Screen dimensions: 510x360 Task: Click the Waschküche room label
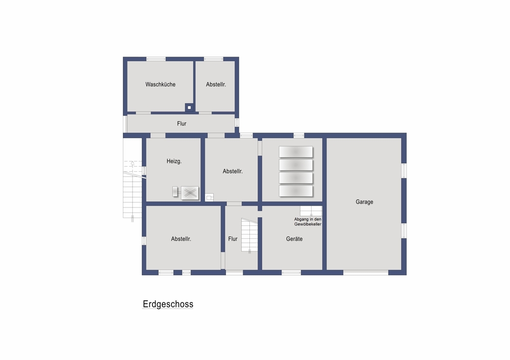pyautogui.click(x=160, y=85)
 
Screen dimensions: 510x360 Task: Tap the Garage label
pyautogui.click(x=364, y=202)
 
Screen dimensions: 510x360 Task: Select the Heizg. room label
pyautogui.click(x=174, y=161)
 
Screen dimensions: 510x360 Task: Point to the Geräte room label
pyautogui.click(x=294, y=239)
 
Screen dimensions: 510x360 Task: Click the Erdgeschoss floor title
pyautogui.click(x=168, y=304)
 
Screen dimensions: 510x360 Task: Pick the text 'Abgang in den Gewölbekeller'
pyautogui.click(x=308, y=222)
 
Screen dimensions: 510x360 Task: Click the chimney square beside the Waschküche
pyautogui.click(x=189, y=108)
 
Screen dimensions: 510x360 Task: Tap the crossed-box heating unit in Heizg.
pyautogui.click(x=190, y=193)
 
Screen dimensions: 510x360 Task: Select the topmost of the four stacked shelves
pyautogui.click(x=296, y=152)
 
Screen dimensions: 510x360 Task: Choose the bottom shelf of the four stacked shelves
pyautogui.click(x=296, y=191)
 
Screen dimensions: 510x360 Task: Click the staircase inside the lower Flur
pyautogui.click(x=249, y=235)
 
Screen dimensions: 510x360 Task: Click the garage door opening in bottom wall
pyautogui.click(x=366, y=272)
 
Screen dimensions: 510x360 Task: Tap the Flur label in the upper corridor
pyautogui.click(x=182, y=123)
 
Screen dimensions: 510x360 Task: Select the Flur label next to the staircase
pyautogui.click(x=233, y=239)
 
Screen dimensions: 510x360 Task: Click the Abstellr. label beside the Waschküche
pyautogui.click(x=216, y=85)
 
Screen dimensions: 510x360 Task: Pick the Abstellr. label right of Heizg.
pyautogui.click(x=233, y=171)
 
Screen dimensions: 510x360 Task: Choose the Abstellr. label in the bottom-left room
pyautogui.click(x=181, y=239)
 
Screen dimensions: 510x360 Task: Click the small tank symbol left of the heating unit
pyautogui.click(x=175, y=192)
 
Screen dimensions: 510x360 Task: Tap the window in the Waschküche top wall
pyautogui.click(x=156, y=59)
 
